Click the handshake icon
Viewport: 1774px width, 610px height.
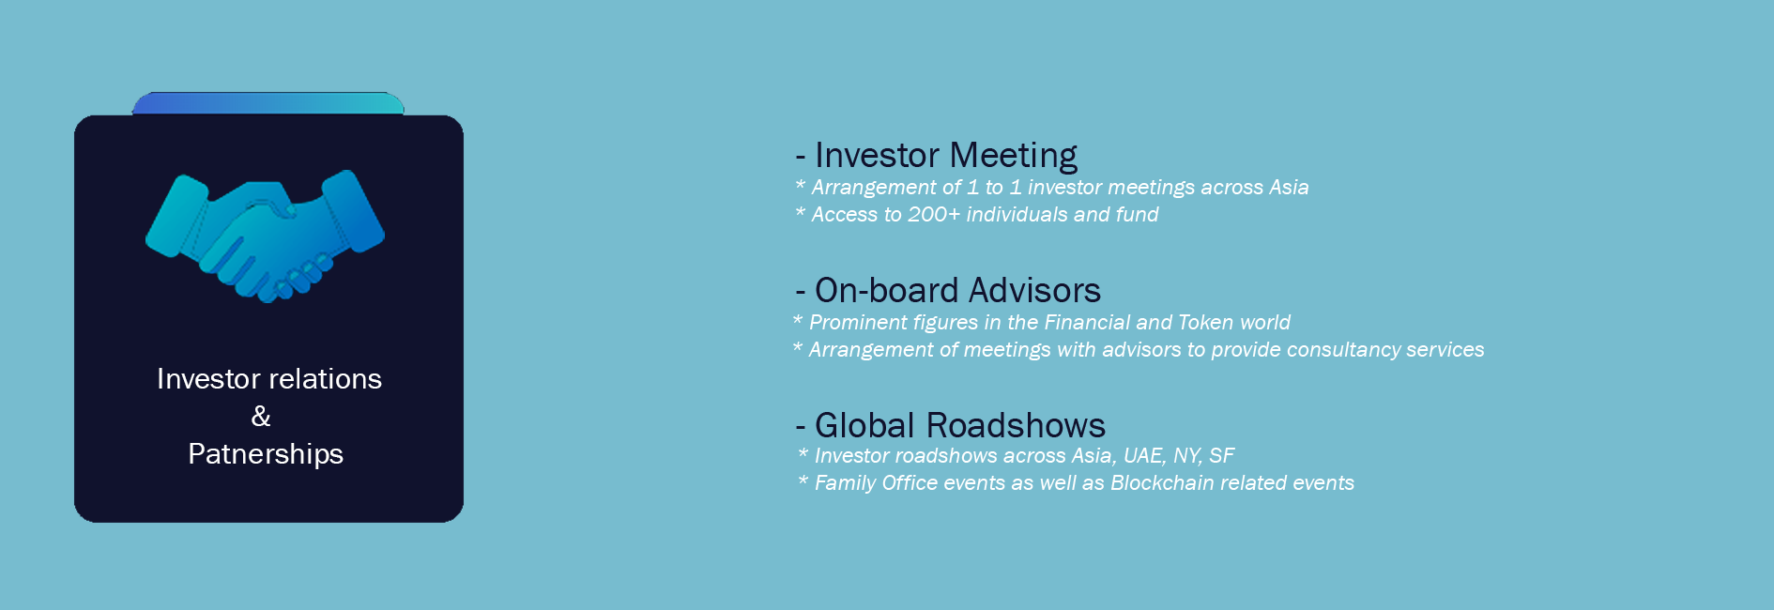click(x=265, y=236)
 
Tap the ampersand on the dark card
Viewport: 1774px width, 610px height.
click(x=261, y=416)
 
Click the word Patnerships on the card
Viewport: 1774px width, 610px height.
click(x=266, y=454)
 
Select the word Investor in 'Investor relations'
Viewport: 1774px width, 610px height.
click(x=208, y=378)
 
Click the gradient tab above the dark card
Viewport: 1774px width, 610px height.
click(x=268, y=103)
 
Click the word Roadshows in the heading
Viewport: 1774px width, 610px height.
click(x=1016, y=426)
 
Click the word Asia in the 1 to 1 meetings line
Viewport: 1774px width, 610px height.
click(x=1289, y=188)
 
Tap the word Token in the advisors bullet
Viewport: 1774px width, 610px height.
click(x=1205, y=323)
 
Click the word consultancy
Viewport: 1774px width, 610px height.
click(x=1343, y=350)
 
